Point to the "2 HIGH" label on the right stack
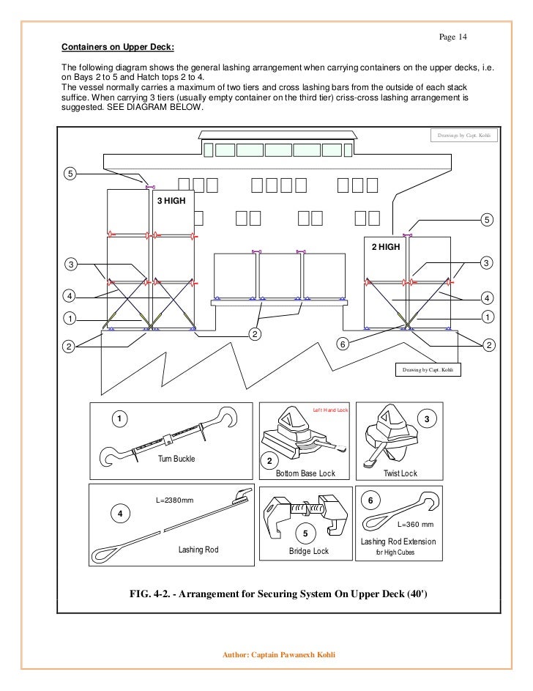tap(385, 247)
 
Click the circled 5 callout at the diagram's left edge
tap(70, 174)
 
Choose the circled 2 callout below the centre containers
tap(254, 334)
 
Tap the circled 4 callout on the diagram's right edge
tap(488, 298)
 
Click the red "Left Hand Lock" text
tap(330, 410)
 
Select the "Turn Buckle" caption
tap(177, 459)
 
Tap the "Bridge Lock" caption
tap(310, 550)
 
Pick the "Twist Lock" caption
tap(400, 473)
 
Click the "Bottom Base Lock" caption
tap(305, 473)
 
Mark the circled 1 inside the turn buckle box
tap(118, 418)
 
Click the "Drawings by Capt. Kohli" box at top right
tap(463, 136)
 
